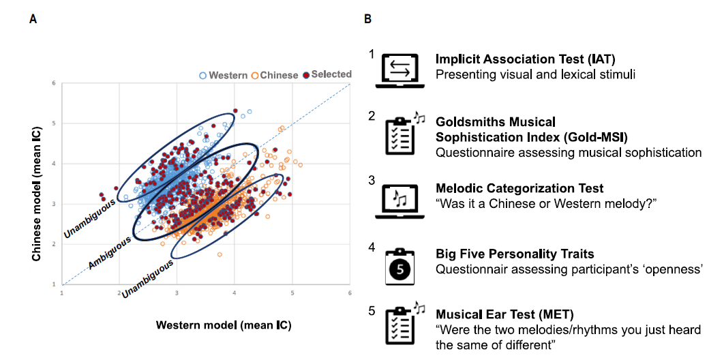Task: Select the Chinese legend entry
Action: point(275,75)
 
